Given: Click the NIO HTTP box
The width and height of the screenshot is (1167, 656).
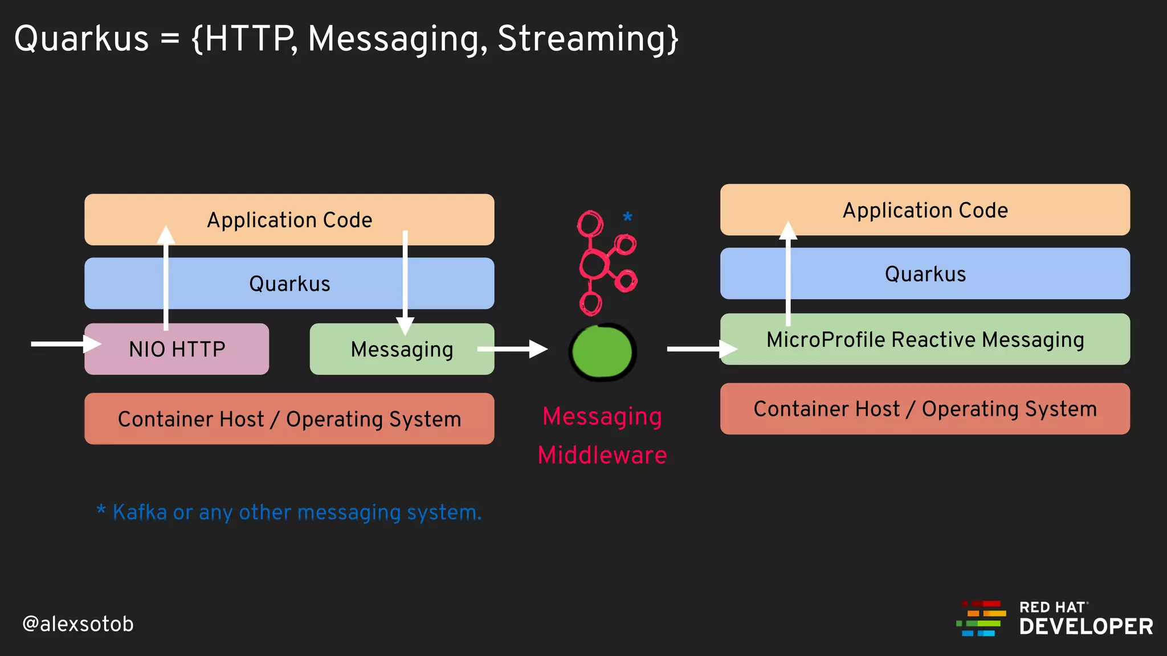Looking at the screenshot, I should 177,349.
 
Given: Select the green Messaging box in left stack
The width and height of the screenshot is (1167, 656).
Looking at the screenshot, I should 402,349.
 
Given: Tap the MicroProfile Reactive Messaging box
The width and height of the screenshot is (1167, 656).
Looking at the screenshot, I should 925,339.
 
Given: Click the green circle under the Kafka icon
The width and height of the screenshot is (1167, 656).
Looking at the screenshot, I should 602,352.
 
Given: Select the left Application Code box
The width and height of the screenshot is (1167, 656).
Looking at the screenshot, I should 289,220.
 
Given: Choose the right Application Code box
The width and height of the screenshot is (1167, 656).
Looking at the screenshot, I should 925,210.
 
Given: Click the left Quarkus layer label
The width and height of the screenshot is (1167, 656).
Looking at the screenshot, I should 289,284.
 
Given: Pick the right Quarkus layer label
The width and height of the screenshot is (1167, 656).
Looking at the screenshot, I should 925,274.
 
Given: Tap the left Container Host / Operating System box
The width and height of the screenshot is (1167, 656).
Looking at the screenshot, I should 289,419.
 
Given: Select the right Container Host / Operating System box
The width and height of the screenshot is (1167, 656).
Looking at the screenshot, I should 925,409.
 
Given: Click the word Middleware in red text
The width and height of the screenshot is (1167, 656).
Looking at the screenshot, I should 602,455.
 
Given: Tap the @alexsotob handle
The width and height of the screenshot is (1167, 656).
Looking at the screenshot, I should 78,624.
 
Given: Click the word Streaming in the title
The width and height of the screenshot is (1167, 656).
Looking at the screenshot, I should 587,39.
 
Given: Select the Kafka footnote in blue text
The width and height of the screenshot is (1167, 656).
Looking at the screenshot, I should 289,512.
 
